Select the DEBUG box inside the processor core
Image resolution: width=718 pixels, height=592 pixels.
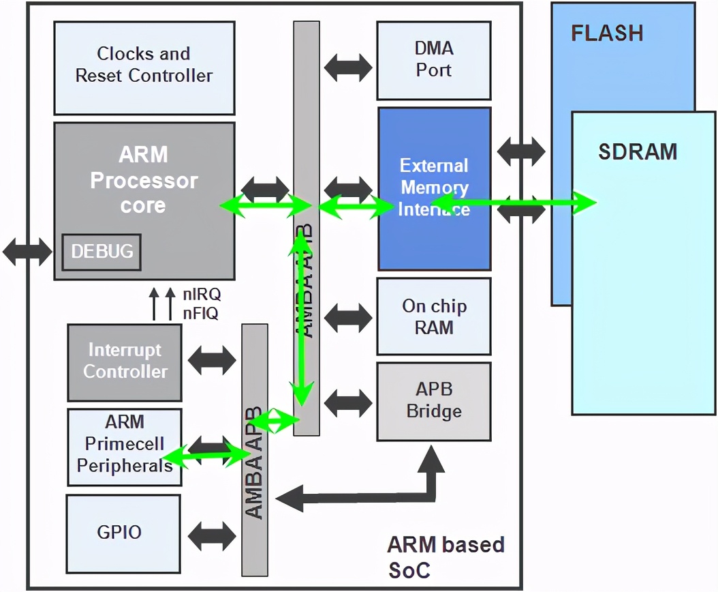[x=102, y=251]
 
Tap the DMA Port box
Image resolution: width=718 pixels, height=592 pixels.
[x=433, y=60]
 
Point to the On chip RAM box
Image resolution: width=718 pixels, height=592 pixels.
[x=434, y=316]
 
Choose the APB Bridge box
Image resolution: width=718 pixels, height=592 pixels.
[x=434, y=401]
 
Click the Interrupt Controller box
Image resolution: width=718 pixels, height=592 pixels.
[x=125, y=361]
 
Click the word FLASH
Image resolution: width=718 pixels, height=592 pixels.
[x=606, y=33]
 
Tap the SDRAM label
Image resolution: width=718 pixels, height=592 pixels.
[x=638, y=151]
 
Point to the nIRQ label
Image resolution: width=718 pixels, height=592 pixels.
[x=202, y=295]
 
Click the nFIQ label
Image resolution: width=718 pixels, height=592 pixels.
[x=200, y=314]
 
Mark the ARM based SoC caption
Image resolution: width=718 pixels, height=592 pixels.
[x=446, y=556]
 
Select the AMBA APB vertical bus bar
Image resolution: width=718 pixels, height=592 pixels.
[x=255, y=450]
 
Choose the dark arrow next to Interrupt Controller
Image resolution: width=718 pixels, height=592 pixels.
[x=211, y=361]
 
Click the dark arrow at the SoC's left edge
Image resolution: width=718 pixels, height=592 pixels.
[x=27, y=252]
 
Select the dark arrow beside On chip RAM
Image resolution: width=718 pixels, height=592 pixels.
[x=348, y=316]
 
